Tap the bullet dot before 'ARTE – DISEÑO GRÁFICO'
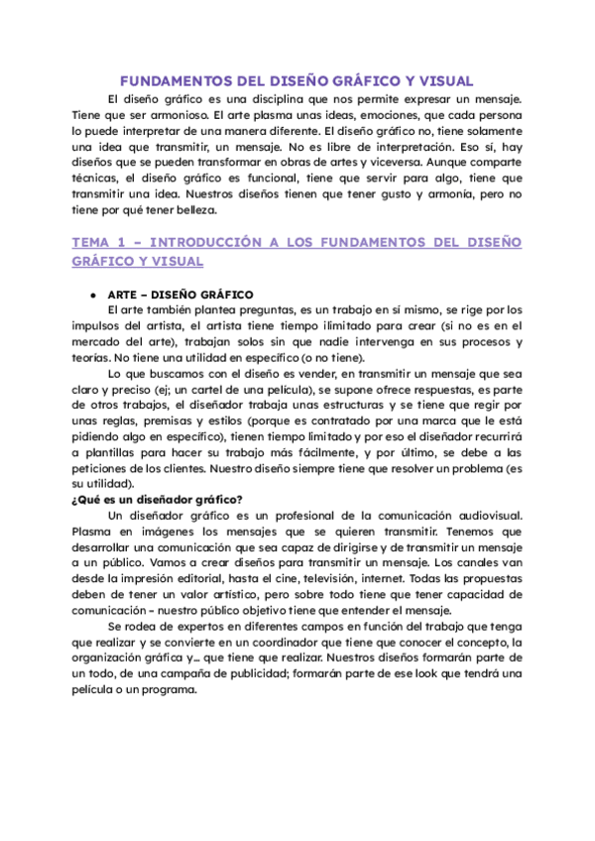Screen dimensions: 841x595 coord(91,295)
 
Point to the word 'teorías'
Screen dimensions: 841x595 coord(95,357)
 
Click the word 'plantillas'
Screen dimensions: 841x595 coord(115,452)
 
